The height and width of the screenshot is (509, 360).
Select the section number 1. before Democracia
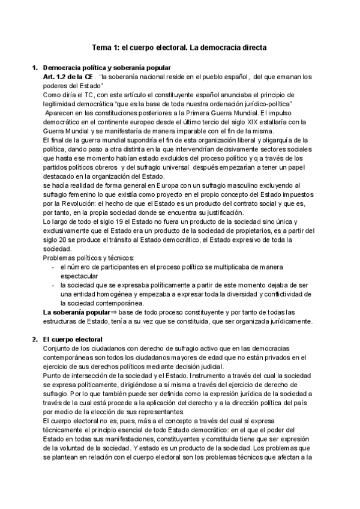[x=34, y=68]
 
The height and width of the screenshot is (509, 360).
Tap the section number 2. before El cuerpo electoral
[x=34, y=340]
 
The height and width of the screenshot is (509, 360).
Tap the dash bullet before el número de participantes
[x=53, y=266]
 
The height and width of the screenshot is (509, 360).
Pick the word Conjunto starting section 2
[x=59, y=349]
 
